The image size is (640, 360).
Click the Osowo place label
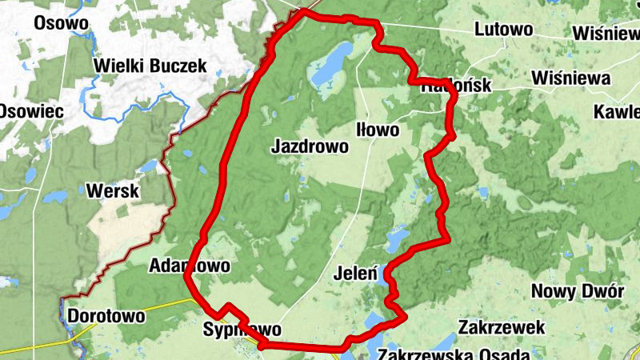(x=60, y=22)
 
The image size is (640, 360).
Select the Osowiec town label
(x=30, y=111)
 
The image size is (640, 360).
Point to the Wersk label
(x=112, y=191)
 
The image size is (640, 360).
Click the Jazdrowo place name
(x=310, y=146)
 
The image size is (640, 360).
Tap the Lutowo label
(x=503, y=30)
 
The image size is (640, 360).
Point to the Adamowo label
(x=190, y=265)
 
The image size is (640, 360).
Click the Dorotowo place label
(x=106, y=316)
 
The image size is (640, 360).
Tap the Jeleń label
(x=354, y=273)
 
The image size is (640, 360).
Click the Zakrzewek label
(x=502, y=327)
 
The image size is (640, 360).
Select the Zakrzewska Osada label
(x=454, y=353)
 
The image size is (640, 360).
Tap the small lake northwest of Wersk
(x=149, y=166)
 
